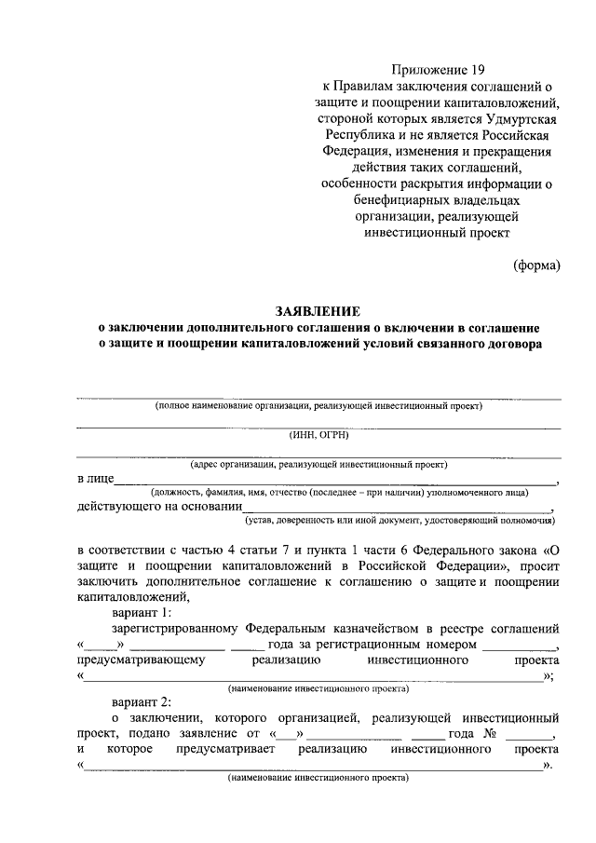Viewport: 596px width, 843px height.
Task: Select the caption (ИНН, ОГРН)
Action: [318, 434]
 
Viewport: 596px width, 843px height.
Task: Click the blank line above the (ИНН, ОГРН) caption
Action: [318, 427]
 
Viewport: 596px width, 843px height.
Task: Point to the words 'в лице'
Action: [95, 479]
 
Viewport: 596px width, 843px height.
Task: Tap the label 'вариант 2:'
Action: [142, 700]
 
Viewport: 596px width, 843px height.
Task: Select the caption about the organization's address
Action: [318, 463]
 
